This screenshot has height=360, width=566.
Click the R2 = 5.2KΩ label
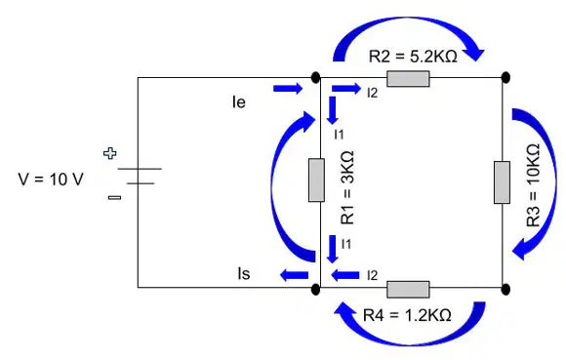tap(413, 57)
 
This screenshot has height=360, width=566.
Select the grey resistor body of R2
tap(408, 79)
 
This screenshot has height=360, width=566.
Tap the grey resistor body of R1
tap(316, 180)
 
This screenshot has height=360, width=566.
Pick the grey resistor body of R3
tap(503, 182)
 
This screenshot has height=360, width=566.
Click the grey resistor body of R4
tap(408, 290)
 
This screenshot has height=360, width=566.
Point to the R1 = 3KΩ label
tap(347, 187)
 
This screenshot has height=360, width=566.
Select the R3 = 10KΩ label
tap(534, 185)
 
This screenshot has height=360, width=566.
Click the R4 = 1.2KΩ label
tap(407, 315)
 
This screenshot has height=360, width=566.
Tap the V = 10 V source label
tap(51, 180)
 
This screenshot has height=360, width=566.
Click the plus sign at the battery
tap(110, 153)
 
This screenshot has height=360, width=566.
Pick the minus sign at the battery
tap(115, 197)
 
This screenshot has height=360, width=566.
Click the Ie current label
tap(239, 102)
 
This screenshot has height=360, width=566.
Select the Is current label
tap(244, 273)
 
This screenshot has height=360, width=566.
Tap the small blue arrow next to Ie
tap(288, 89)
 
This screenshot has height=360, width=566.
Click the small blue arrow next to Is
tap(294, 275)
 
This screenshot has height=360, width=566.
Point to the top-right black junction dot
tap(506, 77)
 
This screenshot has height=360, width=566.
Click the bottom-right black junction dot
tap(506, 290)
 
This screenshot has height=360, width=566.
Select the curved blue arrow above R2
tap(408, 21)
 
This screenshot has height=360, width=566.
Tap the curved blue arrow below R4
tap(410, 340)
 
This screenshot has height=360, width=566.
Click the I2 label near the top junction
tap(372, 93)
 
